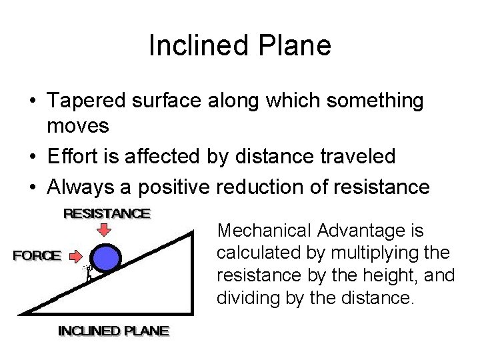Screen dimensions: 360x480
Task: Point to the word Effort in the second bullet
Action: coord(69,156)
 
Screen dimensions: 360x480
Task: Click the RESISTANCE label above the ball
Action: coord(107,214)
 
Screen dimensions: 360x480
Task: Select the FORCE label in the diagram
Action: coord(37,255)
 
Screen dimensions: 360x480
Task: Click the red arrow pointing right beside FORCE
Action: coord(77,255)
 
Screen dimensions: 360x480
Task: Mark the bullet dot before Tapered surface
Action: coord(31,102)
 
